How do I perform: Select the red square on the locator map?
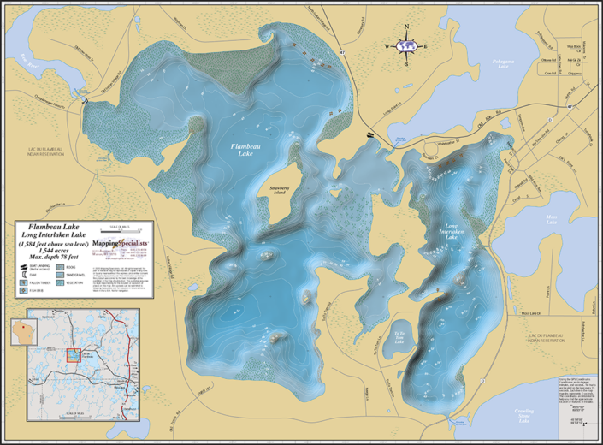point(74,354)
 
